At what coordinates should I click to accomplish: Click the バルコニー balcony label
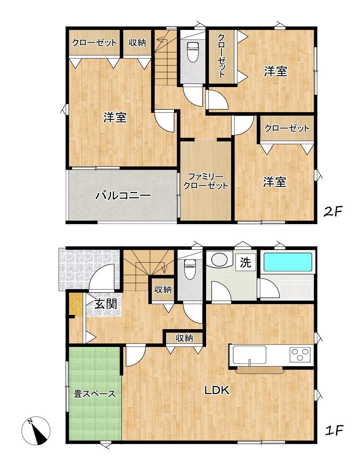[123, 195]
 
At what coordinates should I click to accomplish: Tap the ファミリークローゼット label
[206, 182]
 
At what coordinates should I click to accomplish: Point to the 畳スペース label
[95, 394]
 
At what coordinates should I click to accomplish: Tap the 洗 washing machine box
[246, 262]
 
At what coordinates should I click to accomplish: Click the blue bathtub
[288, 262]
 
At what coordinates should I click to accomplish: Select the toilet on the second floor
[193, 52]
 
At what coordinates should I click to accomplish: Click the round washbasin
[219, 260]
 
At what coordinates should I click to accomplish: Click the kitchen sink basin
[250, 355]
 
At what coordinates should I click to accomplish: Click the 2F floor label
[333, 211]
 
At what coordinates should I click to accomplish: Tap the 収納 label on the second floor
[137, 43]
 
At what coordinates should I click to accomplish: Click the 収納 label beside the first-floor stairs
[163, 290]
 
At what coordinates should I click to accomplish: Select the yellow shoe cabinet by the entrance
[76, 304]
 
